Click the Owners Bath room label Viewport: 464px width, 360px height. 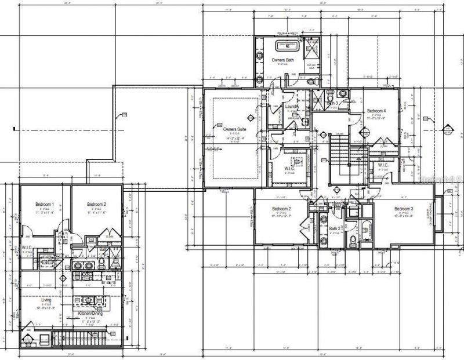(x=282, y=60)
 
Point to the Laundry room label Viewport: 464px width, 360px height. (x=292, y=107)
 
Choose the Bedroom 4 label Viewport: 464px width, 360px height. (x=376, y=111)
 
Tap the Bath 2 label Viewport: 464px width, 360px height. (x=334, y=229)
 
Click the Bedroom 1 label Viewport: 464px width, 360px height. (x=45, y=205)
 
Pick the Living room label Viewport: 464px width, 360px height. (x=39, y=300)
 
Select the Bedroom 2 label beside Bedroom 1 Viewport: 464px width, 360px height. (x=96, y=205)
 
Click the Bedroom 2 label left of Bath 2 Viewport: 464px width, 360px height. (x=281, y=209)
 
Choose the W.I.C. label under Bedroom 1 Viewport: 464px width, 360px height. (x=27, y=248)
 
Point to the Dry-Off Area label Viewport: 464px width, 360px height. (x=311, y=66)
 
